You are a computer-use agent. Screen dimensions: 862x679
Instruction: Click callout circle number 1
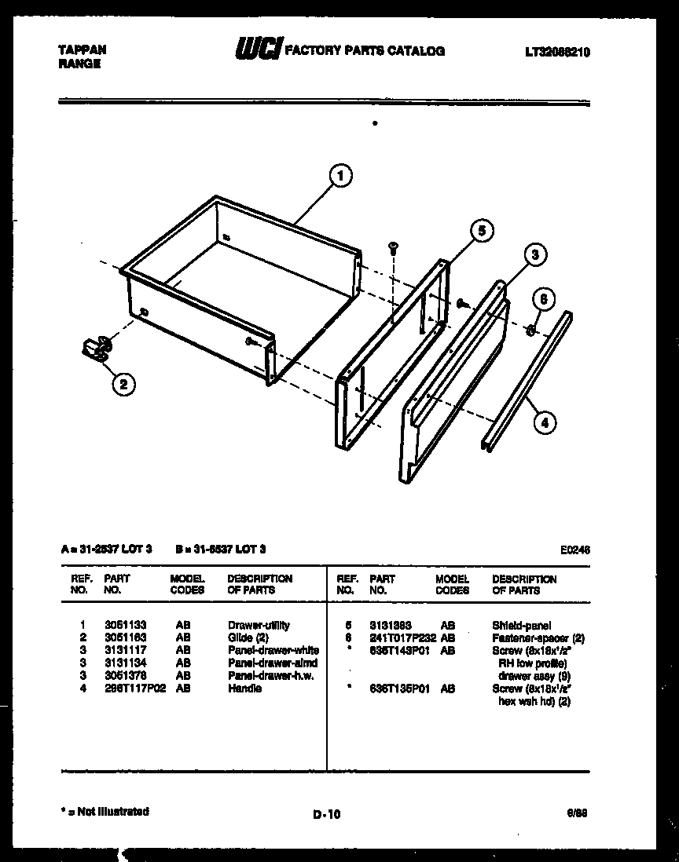point(340,177)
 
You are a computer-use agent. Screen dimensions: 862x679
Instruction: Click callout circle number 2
point(123,384)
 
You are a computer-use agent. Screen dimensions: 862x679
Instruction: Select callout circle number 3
point(534,254)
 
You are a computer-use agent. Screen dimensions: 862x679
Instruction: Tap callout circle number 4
point(543,422)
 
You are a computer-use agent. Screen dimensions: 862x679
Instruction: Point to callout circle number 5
point(481,230)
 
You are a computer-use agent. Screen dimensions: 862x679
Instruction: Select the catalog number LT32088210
point(557,52)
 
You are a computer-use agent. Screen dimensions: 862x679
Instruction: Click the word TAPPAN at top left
point(83,49)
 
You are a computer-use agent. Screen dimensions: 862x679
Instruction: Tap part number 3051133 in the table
point(126,626)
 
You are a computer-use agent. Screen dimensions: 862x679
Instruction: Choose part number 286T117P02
point(134,689)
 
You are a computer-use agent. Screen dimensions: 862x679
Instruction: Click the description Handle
point(244,689)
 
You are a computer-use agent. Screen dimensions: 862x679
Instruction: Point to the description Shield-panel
point(522,626)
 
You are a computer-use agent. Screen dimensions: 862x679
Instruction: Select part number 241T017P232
point(402,638)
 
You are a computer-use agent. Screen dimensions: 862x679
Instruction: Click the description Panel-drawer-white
point(273,651)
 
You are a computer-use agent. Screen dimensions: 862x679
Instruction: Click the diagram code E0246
point(575,550)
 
